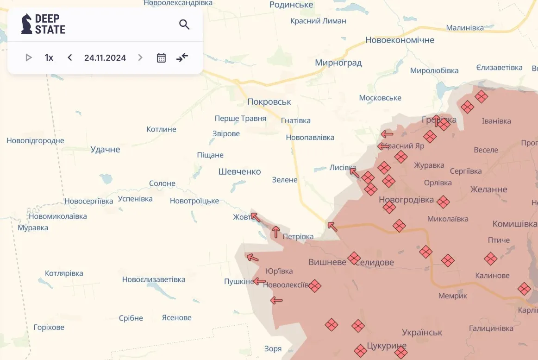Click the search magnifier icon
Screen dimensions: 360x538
(184, 25)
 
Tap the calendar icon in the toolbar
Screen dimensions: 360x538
(161, 58)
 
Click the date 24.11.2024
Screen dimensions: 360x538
(105, 58)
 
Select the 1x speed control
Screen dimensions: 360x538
(49, 58)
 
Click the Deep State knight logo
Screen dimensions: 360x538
(27, 24)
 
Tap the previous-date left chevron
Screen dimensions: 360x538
(70, 57)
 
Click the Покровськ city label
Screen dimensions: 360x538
(269, 101)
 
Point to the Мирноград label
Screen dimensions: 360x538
(338, 63)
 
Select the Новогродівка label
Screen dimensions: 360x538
(406, 200)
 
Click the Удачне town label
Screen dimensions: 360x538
(105, 149)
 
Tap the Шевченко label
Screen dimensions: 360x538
(239, 171)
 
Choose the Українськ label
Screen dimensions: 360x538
(422, 332)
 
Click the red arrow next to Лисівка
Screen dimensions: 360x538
(354, 173)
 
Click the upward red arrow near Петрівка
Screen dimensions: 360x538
(276, 231)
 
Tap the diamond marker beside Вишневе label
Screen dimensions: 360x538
(354, 258)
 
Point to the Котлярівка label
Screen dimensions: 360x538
(64, 273)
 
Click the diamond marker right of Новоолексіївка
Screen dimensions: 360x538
(315, 286)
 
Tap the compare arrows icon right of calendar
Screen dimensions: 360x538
(182, 57)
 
